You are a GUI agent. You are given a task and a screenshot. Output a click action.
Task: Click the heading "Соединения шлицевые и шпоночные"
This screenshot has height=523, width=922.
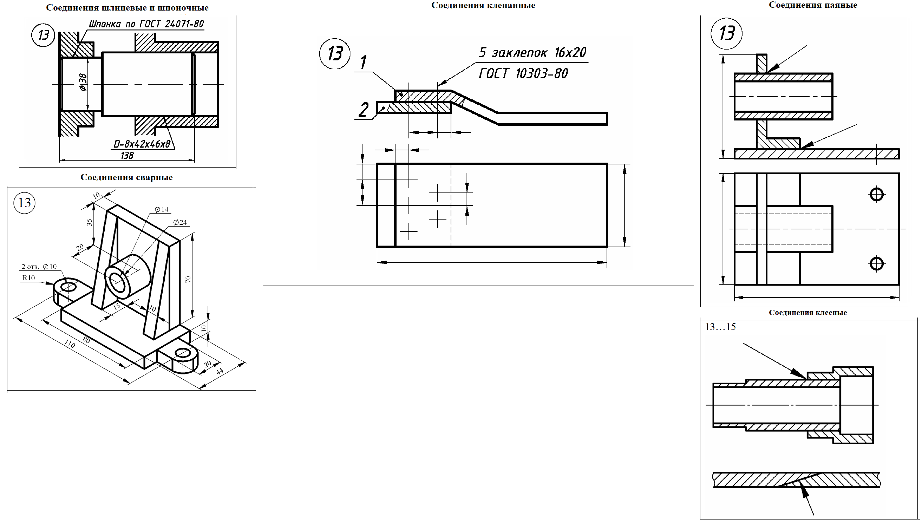(127, 8)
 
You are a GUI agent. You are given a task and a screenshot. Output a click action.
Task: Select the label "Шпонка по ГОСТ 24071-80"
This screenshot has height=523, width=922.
(146, 24)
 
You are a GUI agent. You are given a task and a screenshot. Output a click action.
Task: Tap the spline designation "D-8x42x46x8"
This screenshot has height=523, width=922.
(142, 144)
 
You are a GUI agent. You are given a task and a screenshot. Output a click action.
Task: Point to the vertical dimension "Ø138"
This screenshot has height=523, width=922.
(83, 82)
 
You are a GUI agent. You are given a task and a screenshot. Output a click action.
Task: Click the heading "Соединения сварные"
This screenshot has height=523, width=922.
(126, 177)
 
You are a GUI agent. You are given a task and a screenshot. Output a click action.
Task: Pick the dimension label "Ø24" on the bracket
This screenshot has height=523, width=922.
(180, 222)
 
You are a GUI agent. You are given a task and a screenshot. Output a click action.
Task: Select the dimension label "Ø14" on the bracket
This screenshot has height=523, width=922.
(162, 209)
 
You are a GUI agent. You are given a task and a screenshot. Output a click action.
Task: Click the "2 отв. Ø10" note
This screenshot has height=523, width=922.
(39, 267)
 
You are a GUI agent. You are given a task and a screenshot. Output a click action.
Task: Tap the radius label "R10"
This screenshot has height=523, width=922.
(29, 278)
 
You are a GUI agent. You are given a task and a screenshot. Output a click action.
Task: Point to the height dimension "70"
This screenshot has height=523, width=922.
(188, 280)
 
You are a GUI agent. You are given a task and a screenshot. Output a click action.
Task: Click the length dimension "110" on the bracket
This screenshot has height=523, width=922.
(70, 345)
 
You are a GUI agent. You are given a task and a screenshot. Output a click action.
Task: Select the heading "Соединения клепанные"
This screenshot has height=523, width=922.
(483, 5)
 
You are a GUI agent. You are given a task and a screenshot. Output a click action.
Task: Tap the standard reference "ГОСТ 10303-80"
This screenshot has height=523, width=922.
(524, 74)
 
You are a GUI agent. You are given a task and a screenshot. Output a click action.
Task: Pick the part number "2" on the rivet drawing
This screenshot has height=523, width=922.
(364, 110)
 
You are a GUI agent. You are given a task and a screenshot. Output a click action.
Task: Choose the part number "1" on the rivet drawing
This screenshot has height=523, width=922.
(364, 62)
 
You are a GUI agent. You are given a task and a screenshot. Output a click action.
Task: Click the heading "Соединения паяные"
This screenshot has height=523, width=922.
(813, 5)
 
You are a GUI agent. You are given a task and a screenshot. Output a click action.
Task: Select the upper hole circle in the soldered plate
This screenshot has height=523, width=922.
(877, 194)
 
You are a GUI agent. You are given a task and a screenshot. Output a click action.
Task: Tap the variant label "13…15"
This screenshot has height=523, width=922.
(720, 327)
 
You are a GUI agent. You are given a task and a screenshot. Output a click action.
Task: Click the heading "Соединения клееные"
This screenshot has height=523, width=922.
(808, 313)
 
